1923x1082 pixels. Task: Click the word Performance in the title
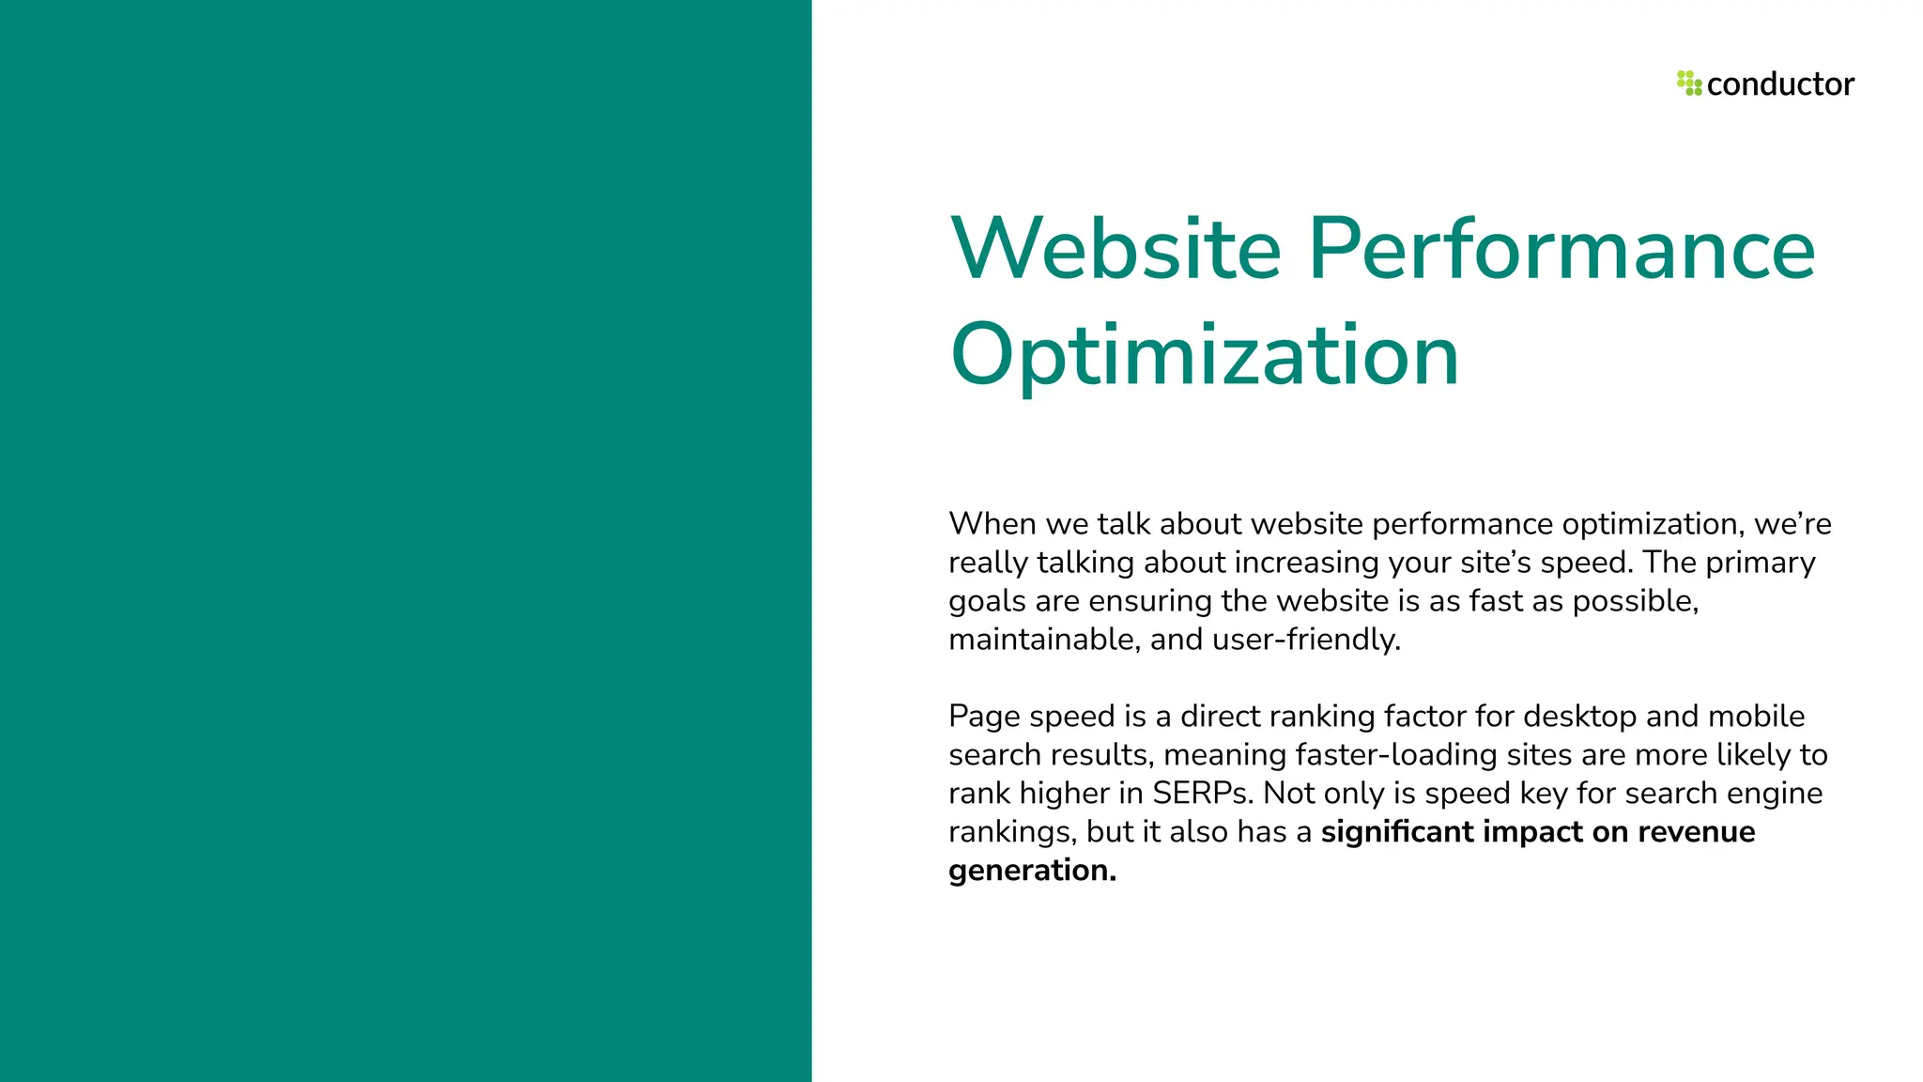[x=1561, y=249]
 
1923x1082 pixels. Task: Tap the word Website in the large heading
[x=1115, y=249]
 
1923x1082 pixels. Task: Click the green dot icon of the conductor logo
[x=1689, y=84]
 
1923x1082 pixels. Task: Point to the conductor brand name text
[x=1780, y=85]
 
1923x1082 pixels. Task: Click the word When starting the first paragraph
[x=992, y=523]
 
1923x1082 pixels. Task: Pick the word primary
[x=1761, y=562]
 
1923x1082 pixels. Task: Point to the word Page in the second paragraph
[x=984, y=716]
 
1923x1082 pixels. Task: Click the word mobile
[x=1756, y=716]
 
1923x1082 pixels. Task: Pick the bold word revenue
[x=1696, y=832]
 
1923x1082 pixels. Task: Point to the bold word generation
[x=1032, y=871]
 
